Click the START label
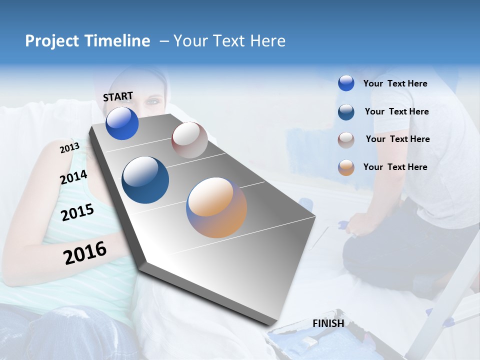(118, 96)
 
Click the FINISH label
(328, 323)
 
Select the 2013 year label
(69, 148)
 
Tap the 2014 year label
(73, 177)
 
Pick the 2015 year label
(77, 213)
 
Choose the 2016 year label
(85, 252)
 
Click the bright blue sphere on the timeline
(122, 123)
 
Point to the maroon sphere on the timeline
(189, 140)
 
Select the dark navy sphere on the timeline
(145, 180)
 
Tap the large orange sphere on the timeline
(216, 207)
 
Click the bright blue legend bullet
(346, 83)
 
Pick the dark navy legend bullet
(346, 112)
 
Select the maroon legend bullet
(346, 139)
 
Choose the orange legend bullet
(346, 167)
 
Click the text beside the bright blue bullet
(395, 84)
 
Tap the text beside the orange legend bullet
(395, 167)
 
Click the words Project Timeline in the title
(87, 41)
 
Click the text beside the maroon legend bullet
(397, 139)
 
